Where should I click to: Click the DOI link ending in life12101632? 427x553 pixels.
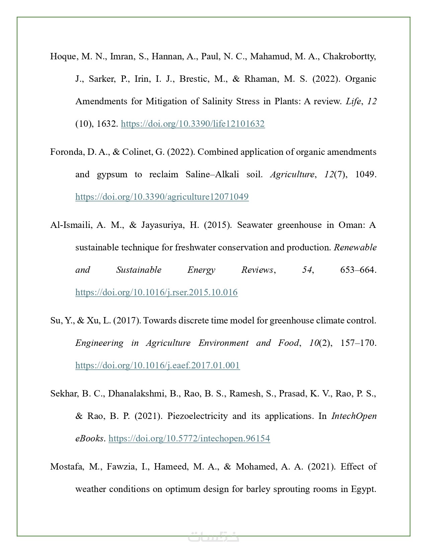coord(193,124)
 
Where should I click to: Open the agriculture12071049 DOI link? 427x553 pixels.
coord(162,196)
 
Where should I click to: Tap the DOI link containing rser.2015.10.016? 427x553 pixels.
coord(156,292)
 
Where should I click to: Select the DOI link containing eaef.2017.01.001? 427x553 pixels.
coord(157,365)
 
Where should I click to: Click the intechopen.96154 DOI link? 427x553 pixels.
coord(189,438)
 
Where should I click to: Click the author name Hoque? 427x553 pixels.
coord(63,56)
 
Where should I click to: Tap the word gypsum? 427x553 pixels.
coord(112,174)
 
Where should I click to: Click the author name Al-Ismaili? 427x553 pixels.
coord(71,225)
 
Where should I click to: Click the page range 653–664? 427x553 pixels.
coord(358,270)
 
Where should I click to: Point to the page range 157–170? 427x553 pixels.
coord(358,343)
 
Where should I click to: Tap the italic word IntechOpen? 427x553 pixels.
coord(354,416)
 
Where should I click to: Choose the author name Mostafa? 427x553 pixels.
coord(67,467)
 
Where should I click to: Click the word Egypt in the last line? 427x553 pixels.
coord(363,489)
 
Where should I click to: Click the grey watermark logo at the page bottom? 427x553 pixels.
coord(213,536)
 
